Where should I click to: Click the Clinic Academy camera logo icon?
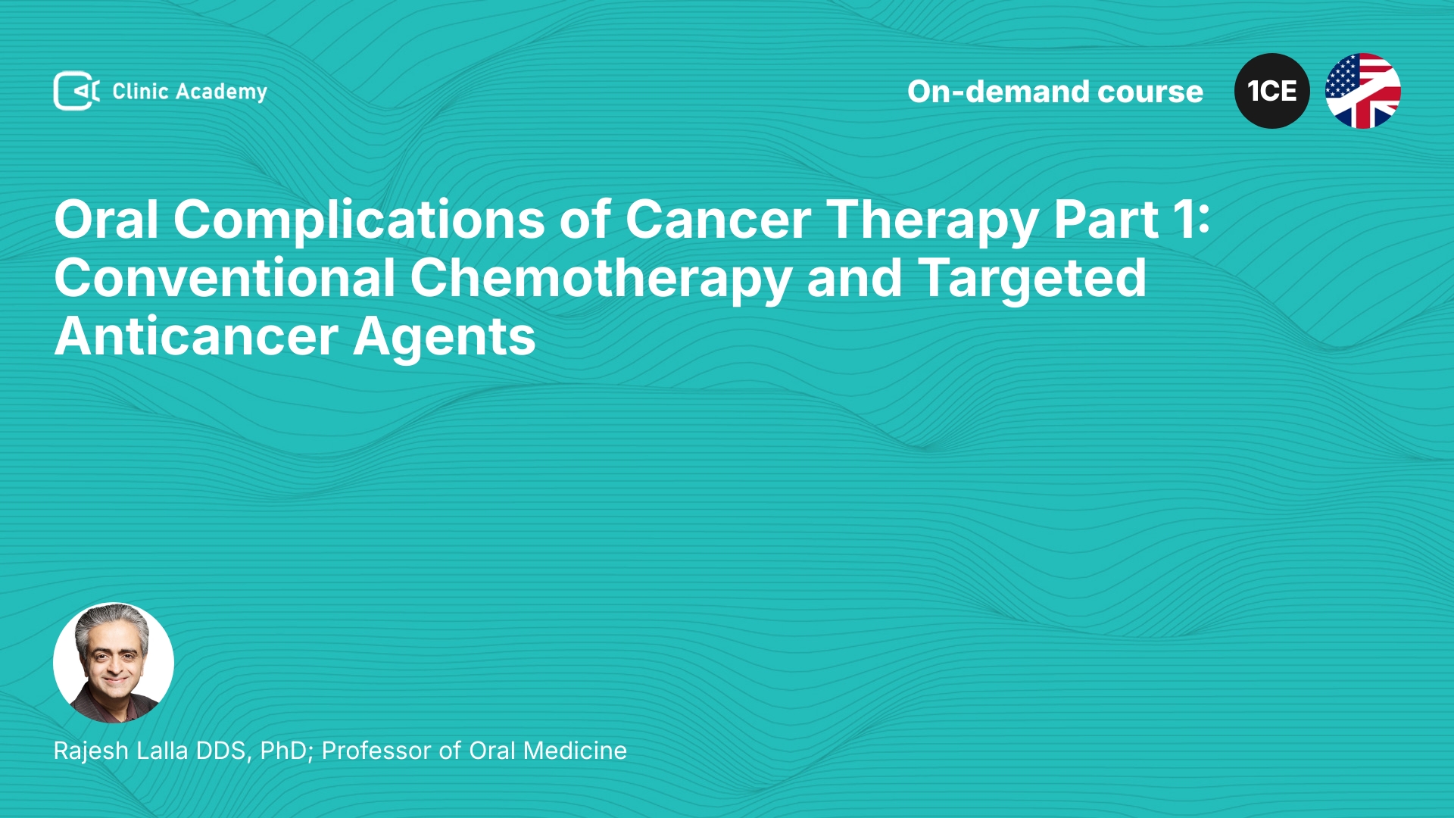pyautogui.click(x=76, y=91)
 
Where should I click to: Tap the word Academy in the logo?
pyautogui.click(x=221, y=92)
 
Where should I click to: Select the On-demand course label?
pyautogui.click(x=1055, y=92)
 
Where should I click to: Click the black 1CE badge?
pyautogui.click(x=1272, y=91)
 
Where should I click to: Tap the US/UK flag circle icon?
pyautogui.click(x=1363, y=91)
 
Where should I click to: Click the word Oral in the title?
pyautogui.click(x=106, y=220)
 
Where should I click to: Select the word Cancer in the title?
pyautogui.click(x=718, y=220)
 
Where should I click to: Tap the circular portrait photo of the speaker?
pyautogui.click(x=114, y=663)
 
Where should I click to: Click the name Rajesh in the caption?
pyautogui.click(x=91, y=751)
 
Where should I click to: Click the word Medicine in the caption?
pyautogui.click(x=575, y=751)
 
